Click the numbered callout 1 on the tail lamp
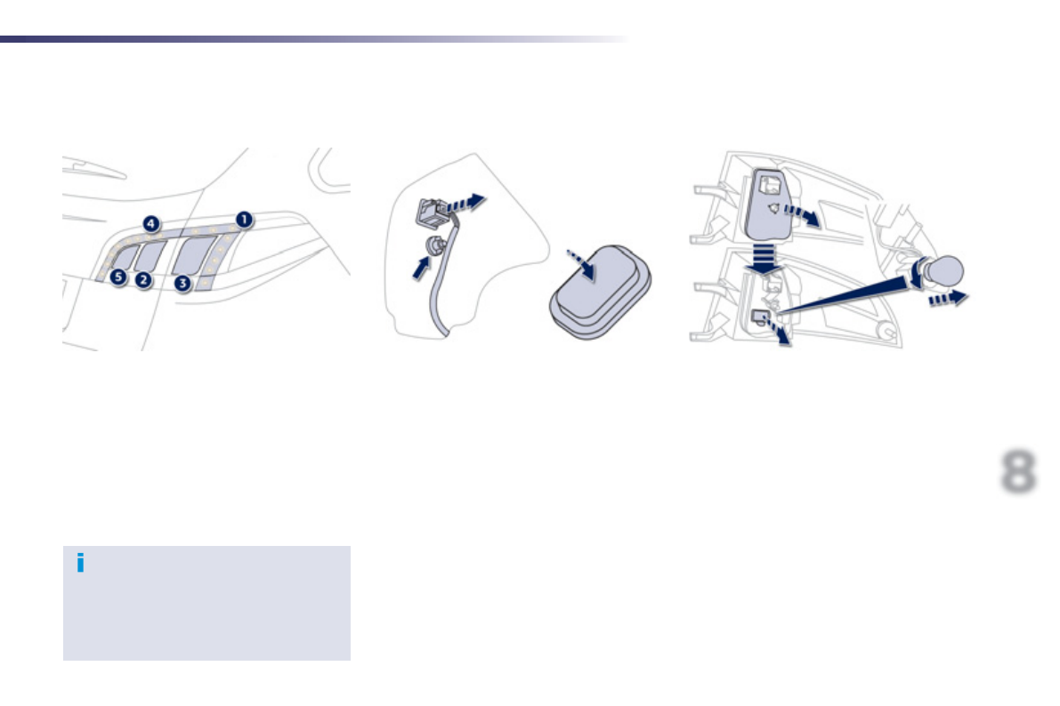point(243,219)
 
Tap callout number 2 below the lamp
point(143,280)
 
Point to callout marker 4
point(152,224)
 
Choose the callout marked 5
point(118,278)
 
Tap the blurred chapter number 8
point(1018,471)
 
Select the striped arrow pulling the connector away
point(467,203)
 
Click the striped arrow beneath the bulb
point(948,300)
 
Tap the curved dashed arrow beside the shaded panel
point(801,213)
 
